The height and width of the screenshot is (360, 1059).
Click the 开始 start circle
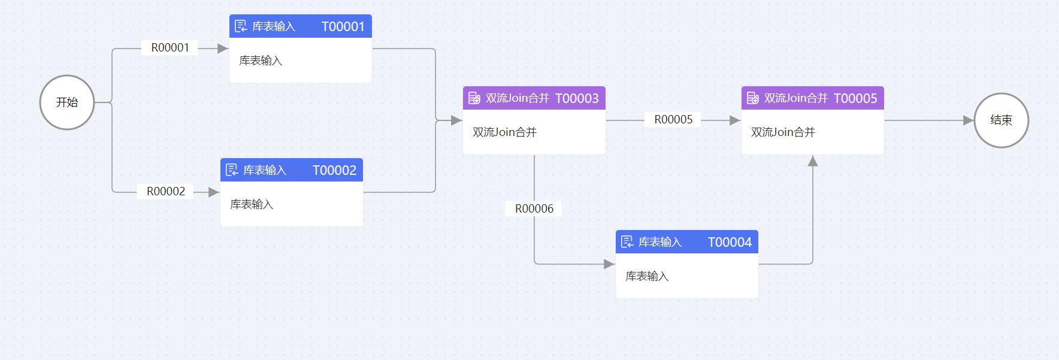tap(67, 102)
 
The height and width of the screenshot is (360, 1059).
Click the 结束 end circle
tap(1001, 120)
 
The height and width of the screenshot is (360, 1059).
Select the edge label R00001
tap(170, 48)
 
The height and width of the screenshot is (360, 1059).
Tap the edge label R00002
tap(166, 192)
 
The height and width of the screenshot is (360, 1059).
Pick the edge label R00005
tap(673, 120)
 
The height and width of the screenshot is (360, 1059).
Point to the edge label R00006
tap(534, 209)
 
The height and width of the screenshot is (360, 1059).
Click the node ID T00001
tap(343, 26)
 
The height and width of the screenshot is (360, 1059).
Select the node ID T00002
tap(334, 170)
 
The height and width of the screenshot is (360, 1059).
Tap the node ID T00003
tap(576, 98)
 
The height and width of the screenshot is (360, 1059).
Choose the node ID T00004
tap(730, 242)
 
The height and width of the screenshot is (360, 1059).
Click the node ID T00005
tap(855, 98)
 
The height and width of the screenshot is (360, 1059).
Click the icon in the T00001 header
tap(241, 26)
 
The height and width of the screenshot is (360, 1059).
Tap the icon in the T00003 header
tap(474, 98)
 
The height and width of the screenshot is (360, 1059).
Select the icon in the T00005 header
tap(752, 98)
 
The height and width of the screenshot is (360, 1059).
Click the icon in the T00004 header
tap(627, 242)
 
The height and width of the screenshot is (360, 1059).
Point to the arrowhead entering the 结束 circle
tap(968, 120)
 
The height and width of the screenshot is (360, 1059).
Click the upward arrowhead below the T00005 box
tap(813, 161)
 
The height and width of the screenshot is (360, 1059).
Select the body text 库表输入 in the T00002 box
tap(252, 204)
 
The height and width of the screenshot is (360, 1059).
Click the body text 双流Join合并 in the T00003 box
tap(504, 132)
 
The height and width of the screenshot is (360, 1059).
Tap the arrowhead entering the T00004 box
tap(609, 264)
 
